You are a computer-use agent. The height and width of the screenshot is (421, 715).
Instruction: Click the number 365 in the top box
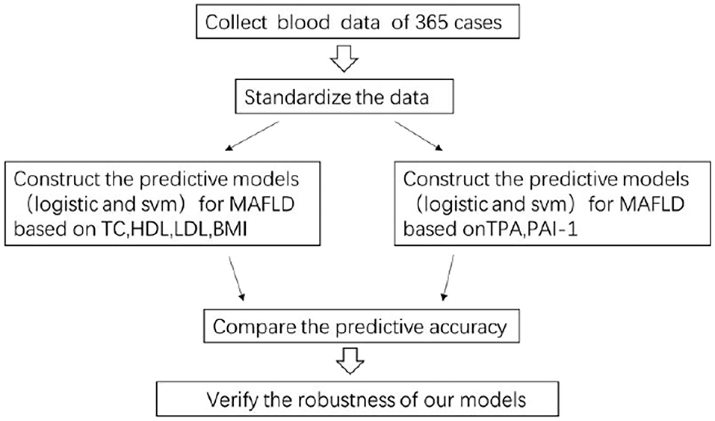[x=430, y=22]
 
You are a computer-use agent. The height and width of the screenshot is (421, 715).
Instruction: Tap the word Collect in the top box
[x=236, y=22]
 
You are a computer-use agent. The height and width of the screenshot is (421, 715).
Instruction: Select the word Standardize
[x=297, y=97]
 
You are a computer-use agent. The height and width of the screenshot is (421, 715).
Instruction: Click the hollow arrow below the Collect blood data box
[x=344, y=58]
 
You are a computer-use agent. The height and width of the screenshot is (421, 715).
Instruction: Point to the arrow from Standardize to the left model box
[x=253, y=135]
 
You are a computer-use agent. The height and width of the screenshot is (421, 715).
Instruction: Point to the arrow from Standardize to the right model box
[x=418, y=135]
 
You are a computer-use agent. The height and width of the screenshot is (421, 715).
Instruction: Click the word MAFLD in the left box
[x=261, y=203]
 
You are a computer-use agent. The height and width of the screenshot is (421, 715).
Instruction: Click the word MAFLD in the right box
[x=651, y=203]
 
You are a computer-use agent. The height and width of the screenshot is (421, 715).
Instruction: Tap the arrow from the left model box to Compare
[x=236, y=278]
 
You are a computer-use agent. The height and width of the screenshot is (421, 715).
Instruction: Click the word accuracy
[x=467, y=327]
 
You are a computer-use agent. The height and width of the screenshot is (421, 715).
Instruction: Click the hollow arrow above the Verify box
[x=350, y=360]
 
